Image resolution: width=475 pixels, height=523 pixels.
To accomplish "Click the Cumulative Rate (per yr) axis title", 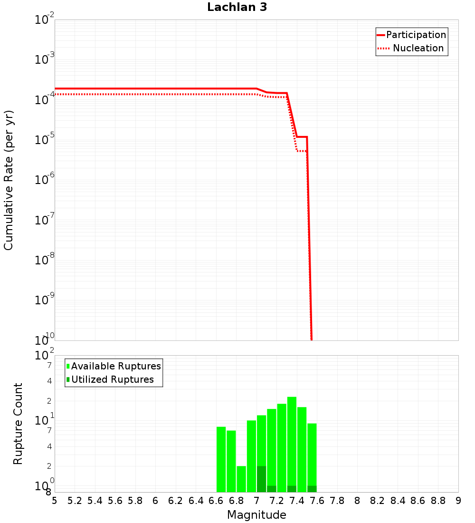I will pos(9,180).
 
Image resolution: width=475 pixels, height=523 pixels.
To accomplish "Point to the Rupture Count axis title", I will pos(18,424).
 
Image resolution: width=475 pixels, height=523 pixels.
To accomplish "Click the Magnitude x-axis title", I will pos(256,515).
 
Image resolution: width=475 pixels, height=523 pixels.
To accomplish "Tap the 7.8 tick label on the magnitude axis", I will pos(337,501).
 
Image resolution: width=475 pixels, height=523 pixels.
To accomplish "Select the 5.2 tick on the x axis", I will pos(75,501).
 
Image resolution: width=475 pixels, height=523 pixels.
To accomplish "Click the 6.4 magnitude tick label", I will pos(196,501).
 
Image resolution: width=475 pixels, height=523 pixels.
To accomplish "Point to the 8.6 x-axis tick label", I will pos(418,501).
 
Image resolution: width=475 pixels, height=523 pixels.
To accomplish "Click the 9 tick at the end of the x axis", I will pos(458,501).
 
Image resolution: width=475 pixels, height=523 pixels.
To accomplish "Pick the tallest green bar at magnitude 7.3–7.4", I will pos(292,442).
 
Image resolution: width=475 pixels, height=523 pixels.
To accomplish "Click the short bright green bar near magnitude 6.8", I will pos(241,479).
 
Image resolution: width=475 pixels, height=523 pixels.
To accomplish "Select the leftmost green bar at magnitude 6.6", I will pos(221,459).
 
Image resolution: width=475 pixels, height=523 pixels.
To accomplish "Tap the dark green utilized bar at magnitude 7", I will pos(261,479).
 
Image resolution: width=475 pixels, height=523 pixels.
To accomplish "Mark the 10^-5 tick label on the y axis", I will pos(45,140).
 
